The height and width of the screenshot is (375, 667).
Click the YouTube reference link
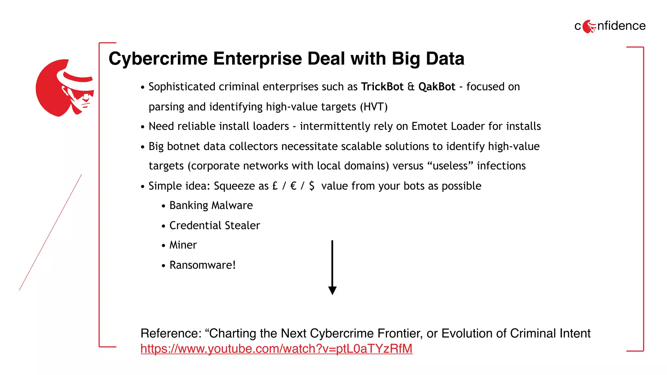277,349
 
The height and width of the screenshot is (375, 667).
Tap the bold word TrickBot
382,87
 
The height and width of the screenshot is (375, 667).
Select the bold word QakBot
436,87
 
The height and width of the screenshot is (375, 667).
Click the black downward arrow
332,268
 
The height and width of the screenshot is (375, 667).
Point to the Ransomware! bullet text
202,265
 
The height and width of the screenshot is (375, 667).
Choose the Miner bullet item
183,245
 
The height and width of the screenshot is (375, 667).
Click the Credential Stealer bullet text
215,225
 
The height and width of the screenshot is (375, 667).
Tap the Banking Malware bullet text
211,205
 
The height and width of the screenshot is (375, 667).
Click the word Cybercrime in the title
158,59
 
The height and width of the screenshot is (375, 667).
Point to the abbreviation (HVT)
374,107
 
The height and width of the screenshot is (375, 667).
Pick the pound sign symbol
275,186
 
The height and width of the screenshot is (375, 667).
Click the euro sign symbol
293,186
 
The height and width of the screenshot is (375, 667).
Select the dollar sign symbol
312,186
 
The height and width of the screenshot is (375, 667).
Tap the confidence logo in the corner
610,26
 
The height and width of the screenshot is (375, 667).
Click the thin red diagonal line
50,232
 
